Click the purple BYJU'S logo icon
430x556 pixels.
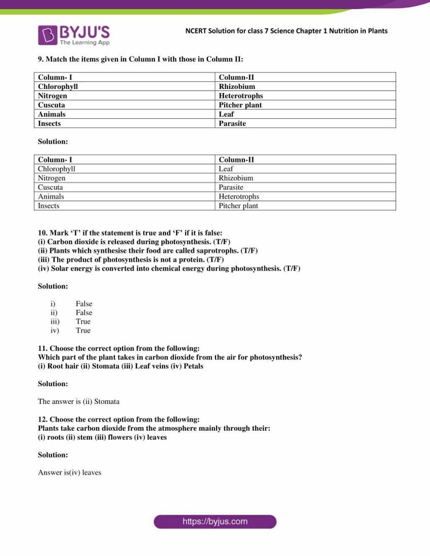click(47, 35)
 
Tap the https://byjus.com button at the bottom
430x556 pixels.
click(215, 522)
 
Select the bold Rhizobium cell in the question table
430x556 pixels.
click(237, 86)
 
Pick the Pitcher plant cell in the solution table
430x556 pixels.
click(238, 206)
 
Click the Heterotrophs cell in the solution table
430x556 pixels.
click(239, 196)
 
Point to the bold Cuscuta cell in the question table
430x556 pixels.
click(51, 105)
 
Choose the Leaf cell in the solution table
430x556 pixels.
click(226, 169)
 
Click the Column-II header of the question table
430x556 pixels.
click(236, 77)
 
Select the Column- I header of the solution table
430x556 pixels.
click(55, 159)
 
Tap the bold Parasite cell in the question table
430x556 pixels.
click(232, 123)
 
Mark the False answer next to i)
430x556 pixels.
click(84, 303)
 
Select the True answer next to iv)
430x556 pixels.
click(83, 330)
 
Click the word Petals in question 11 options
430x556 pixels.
click(193, 366)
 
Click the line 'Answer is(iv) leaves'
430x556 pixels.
click(70, 472)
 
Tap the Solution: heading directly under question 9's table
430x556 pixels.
click(53, 141)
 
